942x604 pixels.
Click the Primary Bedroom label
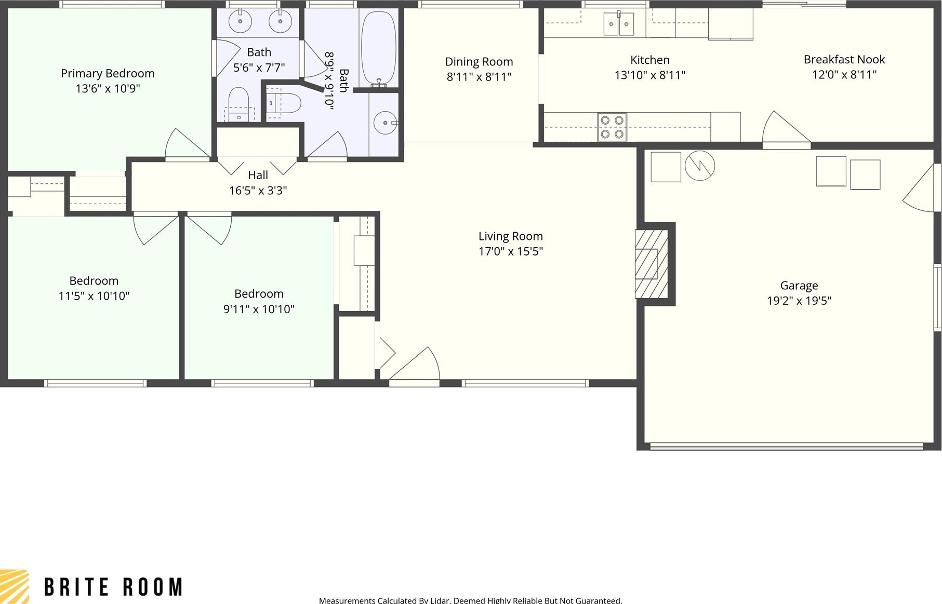click(x=108, y=73)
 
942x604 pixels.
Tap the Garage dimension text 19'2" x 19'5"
click(x=799, y=300)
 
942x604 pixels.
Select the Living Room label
click(x=511, y=236)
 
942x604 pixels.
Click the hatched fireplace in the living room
click(x=652, y=264)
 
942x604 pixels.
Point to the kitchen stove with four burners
click(x=612, y=127)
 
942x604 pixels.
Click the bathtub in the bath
click(x=379, y=49)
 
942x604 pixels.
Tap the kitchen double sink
click(x=619, y=24)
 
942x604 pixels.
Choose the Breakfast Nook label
click(x=844, y=59)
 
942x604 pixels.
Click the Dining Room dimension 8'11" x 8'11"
click(x=479, y=77)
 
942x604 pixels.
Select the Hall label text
click(x=258, y=175)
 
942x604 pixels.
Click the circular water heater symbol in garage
click(x=700, y=166)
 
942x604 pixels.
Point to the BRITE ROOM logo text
click(x=113, y=587)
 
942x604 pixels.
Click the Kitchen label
click(x=650, y=60)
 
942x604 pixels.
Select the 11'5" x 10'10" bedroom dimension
click(x=94, y=296)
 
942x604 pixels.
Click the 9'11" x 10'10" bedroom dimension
click(x=259, y=309)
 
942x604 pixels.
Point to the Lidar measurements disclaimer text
click(x=470, y=600)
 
